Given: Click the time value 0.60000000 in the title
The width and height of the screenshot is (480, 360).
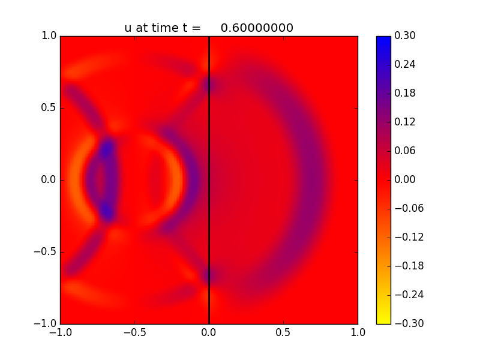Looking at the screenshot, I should (257, 28).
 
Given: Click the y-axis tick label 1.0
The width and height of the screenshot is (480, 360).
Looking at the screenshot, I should (49, 36).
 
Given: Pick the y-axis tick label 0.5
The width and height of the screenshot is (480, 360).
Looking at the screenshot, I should (49, 108).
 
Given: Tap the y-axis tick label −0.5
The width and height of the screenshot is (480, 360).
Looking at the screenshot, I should (46, 252).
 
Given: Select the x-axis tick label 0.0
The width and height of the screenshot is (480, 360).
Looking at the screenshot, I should (209, 334).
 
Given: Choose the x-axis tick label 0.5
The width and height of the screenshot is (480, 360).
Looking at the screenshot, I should (283, 334).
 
